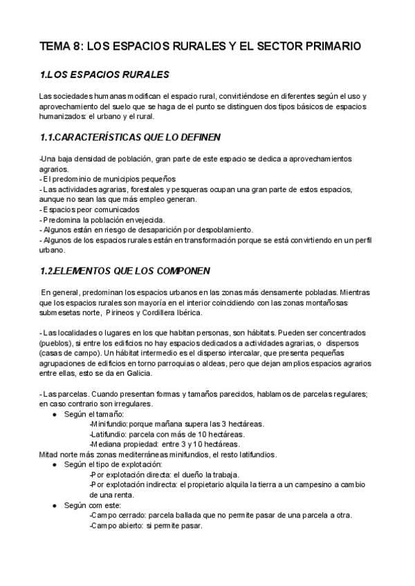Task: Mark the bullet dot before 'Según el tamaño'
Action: click(55, 414)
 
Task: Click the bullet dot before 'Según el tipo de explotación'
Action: click(55, 465)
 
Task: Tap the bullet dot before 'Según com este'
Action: click(55, 506)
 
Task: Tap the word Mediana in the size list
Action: click(108, 444)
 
